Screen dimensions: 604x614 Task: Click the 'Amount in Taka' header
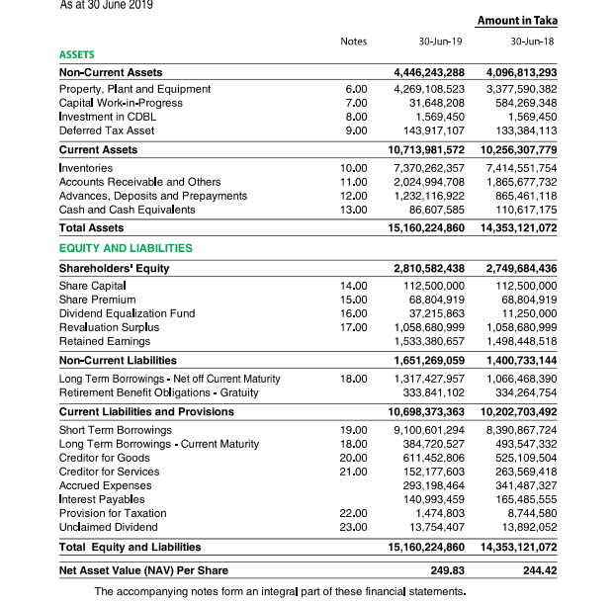point(516,21)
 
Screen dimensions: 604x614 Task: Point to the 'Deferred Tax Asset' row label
point(107,130)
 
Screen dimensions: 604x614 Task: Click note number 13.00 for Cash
point(353,210)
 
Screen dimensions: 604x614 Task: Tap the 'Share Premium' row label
point(95,300)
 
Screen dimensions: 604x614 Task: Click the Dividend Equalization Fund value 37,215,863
point(436,313)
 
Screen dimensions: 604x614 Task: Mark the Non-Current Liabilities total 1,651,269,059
point(429,361)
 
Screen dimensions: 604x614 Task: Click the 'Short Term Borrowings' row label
point(116,430)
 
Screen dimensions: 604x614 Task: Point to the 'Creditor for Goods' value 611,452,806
point(436,458)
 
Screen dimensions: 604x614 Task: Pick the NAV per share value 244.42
point(539,570)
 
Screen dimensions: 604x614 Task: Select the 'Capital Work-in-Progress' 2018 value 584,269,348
point(525,103)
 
